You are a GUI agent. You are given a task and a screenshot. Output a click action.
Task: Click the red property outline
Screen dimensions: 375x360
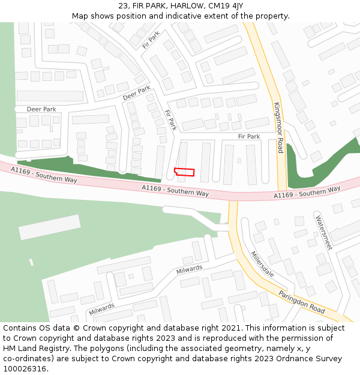pos(184,172)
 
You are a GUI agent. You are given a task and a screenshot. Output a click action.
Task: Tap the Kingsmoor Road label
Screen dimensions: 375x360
pos(278,127)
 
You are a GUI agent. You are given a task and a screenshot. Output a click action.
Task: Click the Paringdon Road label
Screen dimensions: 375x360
pos(301,302)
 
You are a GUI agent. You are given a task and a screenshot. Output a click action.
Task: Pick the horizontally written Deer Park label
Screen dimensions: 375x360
pos(41,109)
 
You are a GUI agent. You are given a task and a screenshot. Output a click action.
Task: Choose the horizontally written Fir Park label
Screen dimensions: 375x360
pos(249,137)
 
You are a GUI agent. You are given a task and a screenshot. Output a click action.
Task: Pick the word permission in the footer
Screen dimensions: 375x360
pos(294,338)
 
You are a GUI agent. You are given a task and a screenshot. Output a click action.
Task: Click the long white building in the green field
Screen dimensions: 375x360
pos(49,227)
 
